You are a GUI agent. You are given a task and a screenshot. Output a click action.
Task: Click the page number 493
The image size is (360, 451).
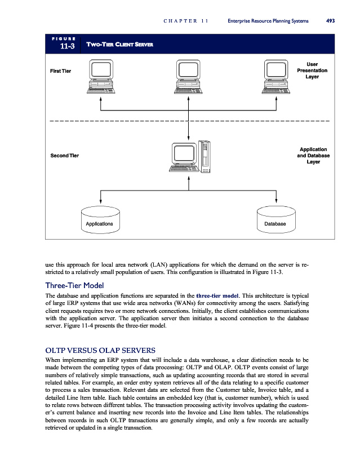pyautogui.click(x=331, y=21)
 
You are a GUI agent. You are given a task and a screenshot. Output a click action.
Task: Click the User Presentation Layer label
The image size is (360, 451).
pyautogui.click(x=312, y=70)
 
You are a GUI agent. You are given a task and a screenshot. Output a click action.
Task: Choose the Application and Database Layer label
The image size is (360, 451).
pyautogui.click(x=313, y=155)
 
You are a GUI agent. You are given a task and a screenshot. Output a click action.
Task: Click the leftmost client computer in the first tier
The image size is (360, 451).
pyautogui.click(x=101, y=77)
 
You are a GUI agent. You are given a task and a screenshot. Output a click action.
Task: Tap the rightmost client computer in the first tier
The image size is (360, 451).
pyautogui.click(x=275, y=77)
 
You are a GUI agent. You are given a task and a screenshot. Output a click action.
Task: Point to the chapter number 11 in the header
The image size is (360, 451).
pyautogui.click(x=205, y=21)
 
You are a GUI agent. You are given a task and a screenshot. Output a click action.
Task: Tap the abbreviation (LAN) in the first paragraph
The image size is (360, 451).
pyautogui.click(x=163, y=263)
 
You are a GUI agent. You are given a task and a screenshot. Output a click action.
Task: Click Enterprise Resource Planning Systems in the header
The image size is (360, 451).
pyautogui.click(x=268, y=21)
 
